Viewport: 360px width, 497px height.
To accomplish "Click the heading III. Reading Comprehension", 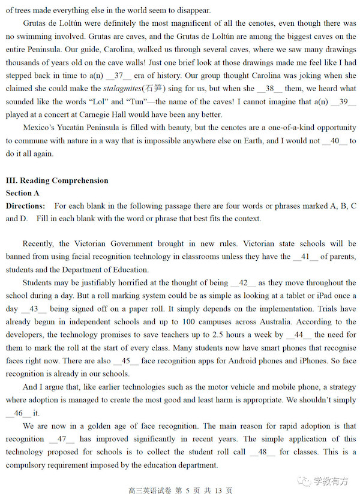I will [x=57, y=180].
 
